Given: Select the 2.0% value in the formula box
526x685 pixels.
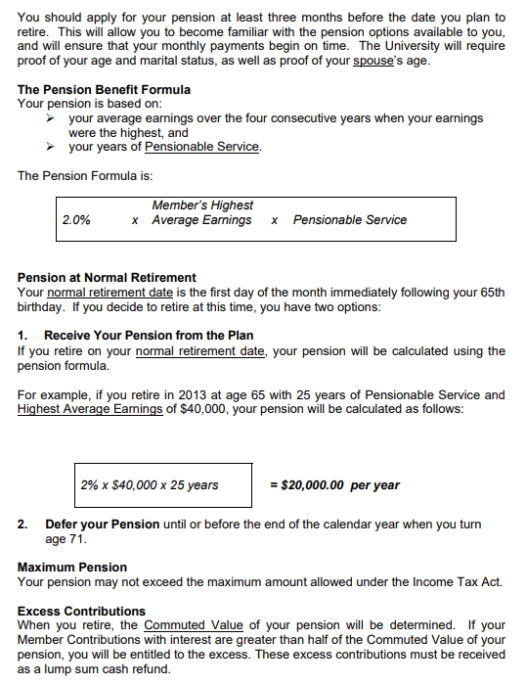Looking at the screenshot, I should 76,220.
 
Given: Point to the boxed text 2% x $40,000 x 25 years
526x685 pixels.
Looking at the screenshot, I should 150,485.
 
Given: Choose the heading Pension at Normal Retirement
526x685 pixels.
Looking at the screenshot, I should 107,277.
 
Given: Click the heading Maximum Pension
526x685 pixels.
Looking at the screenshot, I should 72,568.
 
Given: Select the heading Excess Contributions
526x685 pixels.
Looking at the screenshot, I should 81,612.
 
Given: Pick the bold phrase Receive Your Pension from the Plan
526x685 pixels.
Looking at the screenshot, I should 149,336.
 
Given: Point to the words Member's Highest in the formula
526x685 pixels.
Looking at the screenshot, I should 202,205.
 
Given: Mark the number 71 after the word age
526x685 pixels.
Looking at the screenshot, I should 78,539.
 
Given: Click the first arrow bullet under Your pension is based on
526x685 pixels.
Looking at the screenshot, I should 54,118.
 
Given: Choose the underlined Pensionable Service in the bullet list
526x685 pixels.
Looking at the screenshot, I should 202,147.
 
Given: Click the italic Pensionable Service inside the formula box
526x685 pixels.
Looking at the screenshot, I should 350,220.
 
